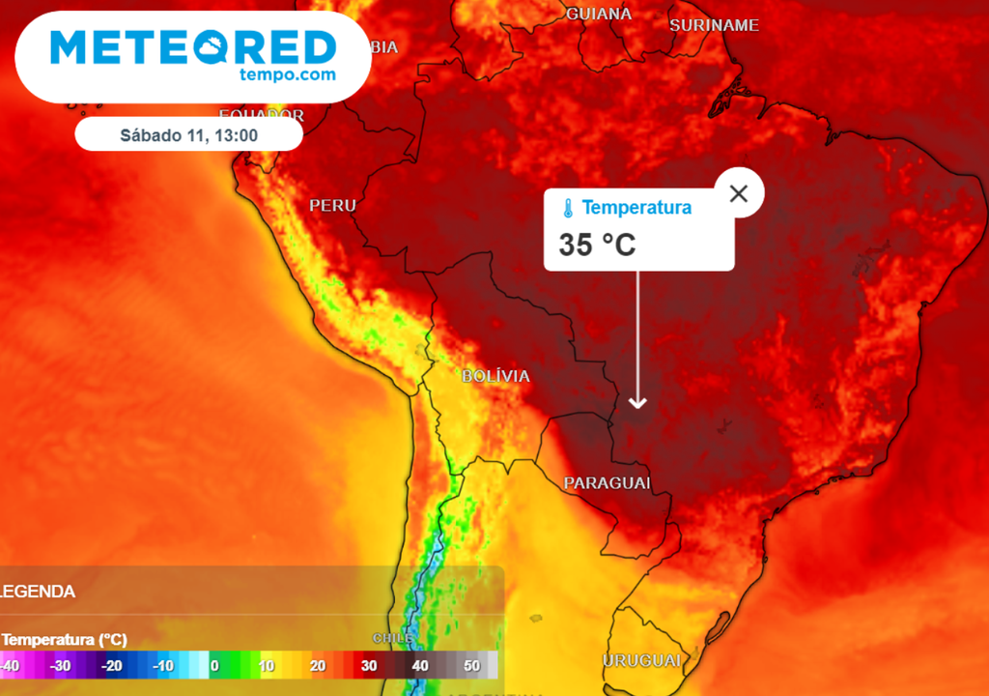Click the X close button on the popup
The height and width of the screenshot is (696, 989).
(x=739, y=193)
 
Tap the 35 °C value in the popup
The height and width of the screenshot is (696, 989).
(x=597, y=245)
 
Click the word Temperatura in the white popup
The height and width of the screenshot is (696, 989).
(x=636, y=207)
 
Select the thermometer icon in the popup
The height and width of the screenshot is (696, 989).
(x=568, y=208)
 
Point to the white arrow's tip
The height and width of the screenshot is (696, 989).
(x=636, y=406)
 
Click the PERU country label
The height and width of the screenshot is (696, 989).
(x=332, y=206)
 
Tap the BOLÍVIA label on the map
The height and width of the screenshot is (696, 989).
(x=495, y=376)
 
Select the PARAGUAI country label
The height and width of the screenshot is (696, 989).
(x=607, y=482)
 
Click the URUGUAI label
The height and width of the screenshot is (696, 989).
(x=642, y=661)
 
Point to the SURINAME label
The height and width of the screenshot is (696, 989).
(x=715, y=25)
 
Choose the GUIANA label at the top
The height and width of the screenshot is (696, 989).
(x=599, y=14)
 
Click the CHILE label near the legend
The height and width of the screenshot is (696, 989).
(x=394, y=638)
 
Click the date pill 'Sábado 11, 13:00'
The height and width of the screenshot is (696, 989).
(x=188, y=135)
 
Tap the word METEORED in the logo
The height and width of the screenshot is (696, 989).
(x=193, y=46)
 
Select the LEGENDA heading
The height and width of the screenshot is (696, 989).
(x=39, y=591)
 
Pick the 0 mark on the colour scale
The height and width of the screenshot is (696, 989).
(x=214, y=666)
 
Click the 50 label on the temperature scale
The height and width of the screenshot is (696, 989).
(x=472, y=666)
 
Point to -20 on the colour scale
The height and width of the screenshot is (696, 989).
(x=112, y=666)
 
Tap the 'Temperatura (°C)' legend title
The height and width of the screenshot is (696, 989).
(x=65, y=640)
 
